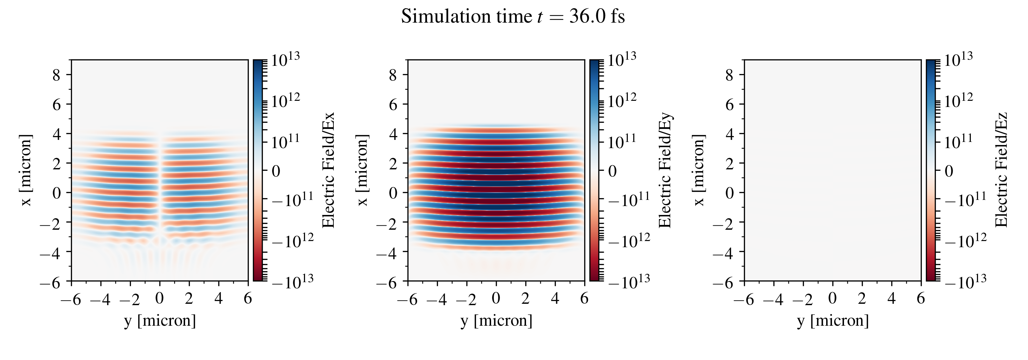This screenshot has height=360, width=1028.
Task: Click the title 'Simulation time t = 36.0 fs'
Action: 513,17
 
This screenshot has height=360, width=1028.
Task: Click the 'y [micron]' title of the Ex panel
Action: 160,321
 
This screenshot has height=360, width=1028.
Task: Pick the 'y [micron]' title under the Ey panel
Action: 497,321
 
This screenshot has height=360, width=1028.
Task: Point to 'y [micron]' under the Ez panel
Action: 833,321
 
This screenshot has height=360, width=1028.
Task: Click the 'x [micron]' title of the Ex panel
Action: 26,170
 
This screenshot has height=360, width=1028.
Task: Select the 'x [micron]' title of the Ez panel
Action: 699,170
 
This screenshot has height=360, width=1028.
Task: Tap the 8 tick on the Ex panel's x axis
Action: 56,75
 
